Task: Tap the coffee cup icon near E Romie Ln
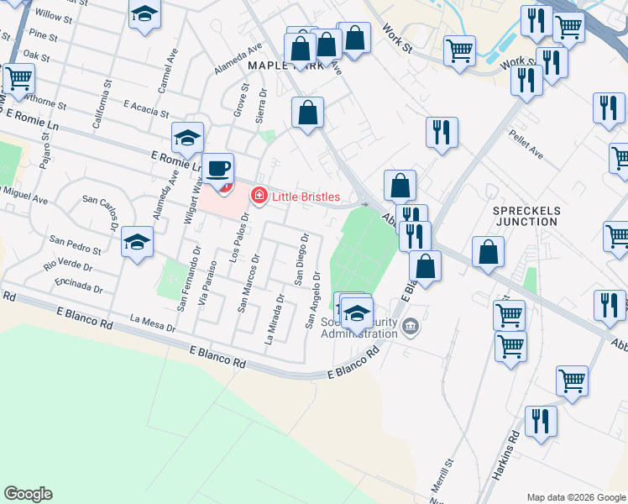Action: [x=218, y=168]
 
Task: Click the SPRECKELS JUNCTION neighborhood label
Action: [x=526, y=215]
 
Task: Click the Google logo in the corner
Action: [x=28, y=494]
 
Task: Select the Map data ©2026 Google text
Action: [x=575, y=496]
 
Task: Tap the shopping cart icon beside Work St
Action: [x=460, y=50]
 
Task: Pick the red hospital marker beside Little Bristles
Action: [x=259, y=197]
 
